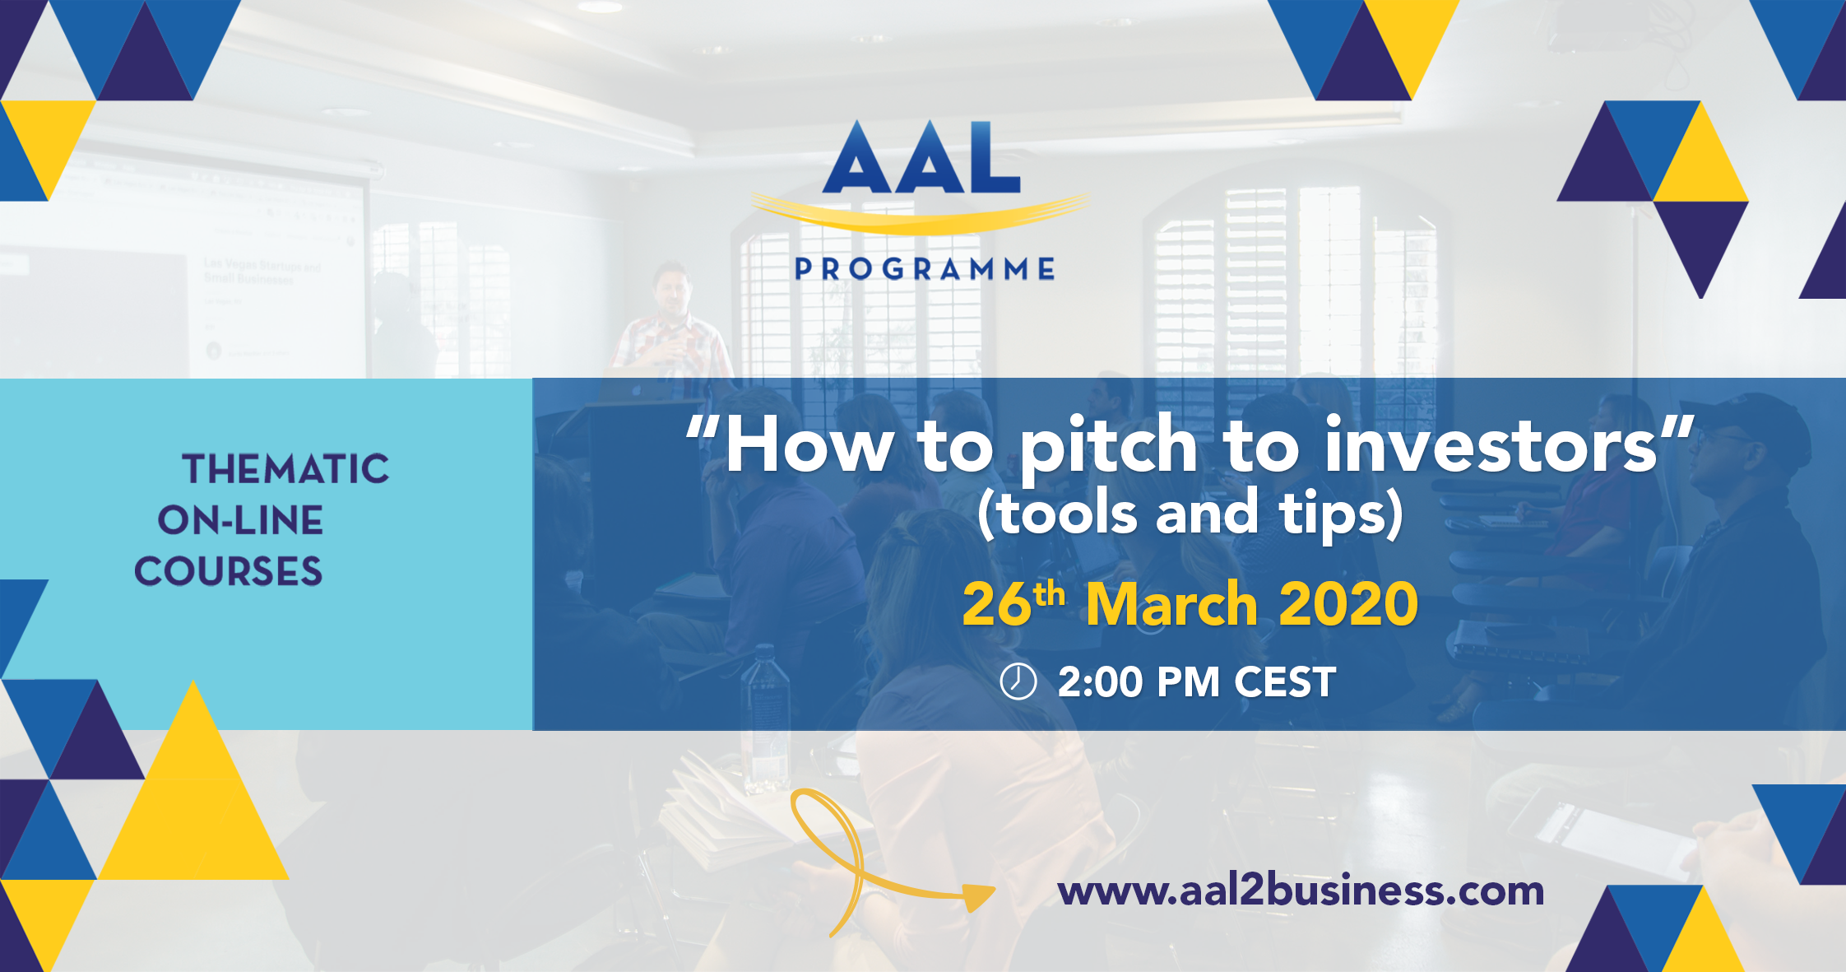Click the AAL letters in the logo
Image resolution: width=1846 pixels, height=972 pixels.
(921, 157)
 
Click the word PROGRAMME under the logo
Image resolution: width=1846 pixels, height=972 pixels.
(925, 269)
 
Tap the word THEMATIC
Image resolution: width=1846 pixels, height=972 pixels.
(285, 469)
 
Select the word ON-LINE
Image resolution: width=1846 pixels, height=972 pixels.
(240, 520)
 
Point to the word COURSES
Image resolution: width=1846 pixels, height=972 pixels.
(228, 571)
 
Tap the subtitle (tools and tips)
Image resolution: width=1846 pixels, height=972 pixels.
(1190, 514)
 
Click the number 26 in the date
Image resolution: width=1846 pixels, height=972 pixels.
(996, 604)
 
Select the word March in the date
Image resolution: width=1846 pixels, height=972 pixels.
(1171, 604)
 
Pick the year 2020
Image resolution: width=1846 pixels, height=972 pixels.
(1349, 604)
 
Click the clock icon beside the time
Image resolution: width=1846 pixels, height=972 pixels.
(1018, 681)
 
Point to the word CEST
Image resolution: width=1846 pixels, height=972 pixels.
(1285, 682)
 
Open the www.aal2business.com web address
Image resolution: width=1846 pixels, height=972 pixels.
(1301, 891)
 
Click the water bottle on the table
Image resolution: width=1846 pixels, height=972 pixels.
(765, 716)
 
